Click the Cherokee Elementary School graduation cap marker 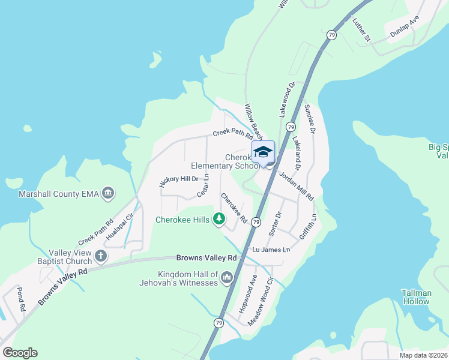263,151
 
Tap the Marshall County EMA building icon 109,193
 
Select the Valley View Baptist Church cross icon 100,257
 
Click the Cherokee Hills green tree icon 220,219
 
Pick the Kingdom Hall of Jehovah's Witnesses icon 227,277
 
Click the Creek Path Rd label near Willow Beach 233,134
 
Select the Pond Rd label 22,298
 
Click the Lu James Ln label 271,250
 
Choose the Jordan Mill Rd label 296,185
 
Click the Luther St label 362,29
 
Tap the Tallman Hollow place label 416,297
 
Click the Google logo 20,353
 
